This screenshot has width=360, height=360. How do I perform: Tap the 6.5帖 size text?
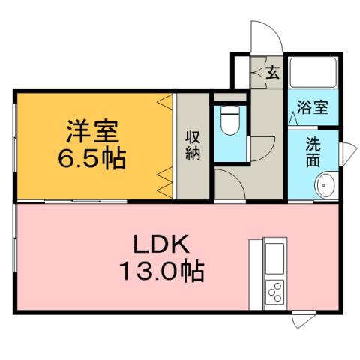(94, 158)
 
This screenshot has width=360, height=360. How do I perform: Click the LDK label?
(160, 244)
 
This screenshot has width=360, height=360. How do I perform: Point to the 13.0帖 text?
(160, 271)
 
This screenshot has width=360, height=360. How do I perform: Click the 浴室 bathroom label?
(312, 107)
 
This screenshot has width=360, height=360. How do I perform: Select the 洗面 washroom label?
(313, 149)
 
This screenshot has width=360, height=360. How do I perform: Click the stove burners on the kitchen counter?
(274, 291)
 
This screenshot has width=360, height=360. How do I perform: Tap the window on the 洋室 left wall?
(15, 146)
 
